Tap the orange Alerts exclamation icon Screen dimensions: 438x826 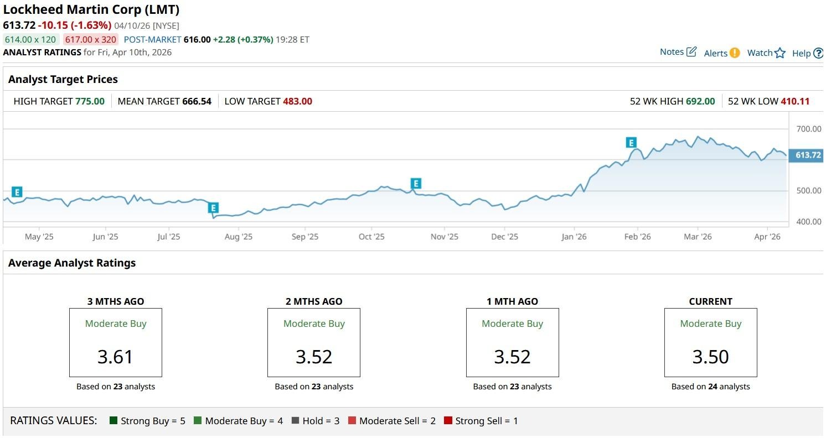tap(734, 53)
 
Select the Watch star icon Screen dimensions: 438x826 tap(780, 53)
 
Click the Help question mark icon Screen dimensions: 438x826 tap(818, 53)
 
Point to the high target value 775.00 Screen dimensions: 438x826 tap(90, 101)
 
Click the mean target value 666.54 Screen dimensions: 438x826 tap(197, 101)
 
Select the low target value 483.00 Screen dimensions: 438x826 tap(297, 101)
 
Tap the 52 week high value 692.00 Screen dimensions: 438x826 tap(700, 101)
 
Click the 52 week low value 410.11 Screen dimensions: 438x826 tap(795, 101)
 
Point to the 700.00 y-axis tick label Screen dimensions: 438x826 tap(809, 129)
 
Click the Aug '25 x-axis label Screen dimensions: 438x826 tap(239, 237)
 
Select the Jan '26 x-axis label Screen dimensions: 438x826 tap(574, 237)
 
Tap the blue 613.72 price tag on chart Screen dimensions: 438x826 tap(808, 155)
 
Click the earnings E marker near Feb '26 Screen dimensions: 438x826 tap(631, 143)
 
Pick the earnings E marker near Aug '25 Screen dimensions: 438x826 tap(213, 208)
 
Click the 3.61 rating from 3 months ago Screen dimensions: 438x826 tap(115, 357)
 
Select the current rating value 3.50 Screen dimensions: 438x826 tap(710, 357)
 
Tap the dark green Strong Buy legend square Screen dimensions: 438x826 tap(113, 421)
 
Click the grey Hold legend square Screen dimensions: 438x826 tap(295, 421)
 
